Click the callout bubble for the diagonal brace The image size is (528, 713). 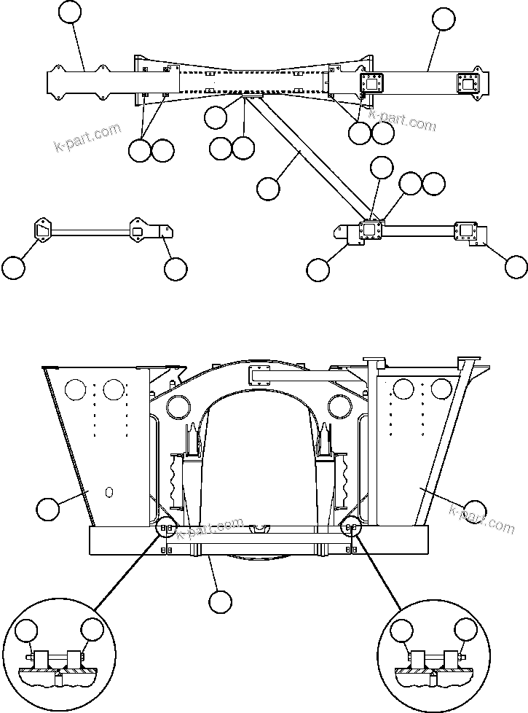coord(268,188)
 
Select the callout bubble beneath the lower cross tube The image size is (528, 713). coord(219,601)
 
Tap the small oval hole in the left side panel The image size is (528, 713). coord(109,492)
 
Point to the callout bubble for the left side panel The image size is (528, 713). coord(48,509)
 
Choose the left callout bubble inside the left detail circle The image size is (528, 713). coord(28,630)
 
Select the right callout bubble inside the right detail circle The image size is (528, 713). coord(466,630)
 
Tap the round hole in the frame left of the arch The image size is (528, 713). coord(178,405)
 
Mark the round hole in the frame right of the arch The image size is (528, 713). coord(337,405)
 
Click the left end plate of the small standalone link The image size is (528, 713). coord(40,230)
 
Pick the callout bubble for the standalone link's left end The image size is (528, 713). coord(12,268)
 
